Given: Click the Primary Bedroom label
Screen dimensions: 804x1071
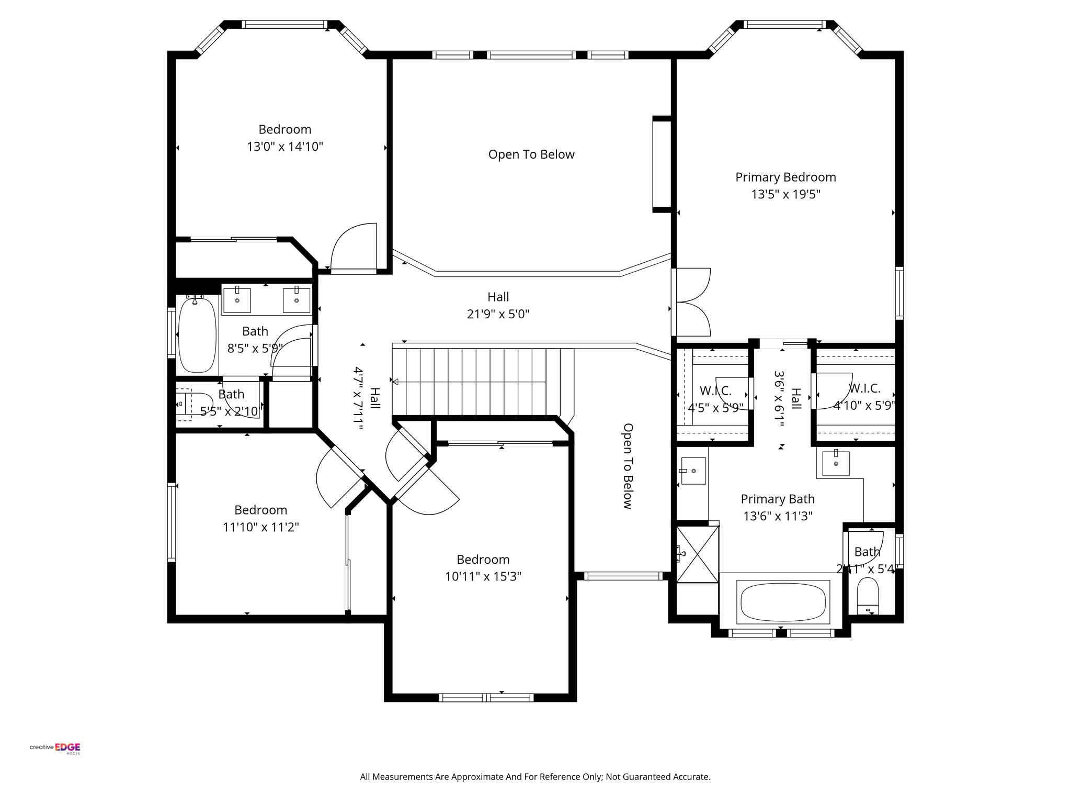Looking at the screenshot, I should pos(785,177).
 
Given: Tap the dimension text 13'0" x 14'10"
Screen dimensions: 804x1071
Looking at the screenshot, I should pos(285,147).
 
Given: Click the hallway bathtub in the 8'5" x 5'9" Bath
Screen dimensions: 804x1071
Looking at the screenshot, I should pos(197,334).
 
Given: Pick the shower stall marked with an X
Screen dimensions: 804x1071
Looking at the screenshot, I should pos(698,554).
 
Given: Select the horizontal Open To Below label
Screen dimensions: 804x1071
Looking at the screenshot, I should pos(531,154).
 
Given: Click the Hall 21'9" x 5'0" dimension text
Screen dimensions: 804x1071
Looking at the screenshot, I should pos(498,314).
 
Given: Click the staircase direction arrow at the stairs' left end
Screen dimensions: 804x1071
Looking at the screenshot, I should pos(395,382).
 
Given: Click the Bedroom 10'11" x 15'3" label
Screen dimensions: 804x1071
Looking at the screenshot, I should pos(483,560).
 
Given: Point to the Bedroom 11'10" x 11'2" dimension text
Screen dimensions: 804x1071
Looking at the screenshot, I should pos(260,527).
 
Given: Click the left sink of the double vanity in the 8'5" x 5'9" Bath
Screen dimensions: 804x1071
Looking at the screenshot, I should pos(237,299).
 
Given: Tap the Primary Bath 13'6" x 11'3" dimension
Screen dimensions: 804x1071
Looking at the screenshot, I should pos(778,517).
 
